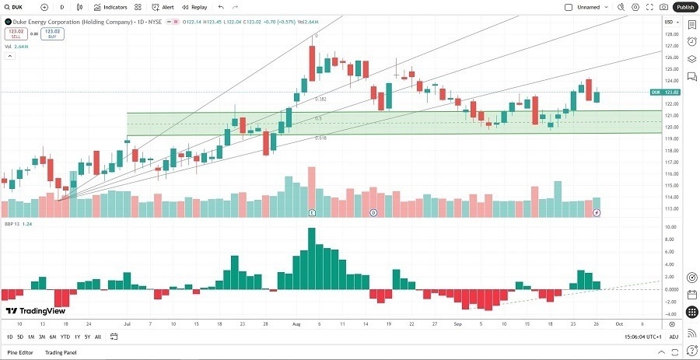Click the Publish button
click(x=685, y=7)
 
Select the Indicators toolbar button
click(x=110, y=7)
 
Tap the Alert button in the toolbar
click(x=163, y=7)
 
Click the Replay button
click(x=195, y=7)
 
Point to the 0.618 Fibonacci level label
click(x=320, y=138)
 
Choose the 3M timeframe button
click(x=42, y=337)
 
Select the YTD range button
click(x=65, y=337)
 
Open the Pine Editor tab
click(x=20, y=353)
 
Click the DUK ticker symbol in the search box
click(x=17, y=7)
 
